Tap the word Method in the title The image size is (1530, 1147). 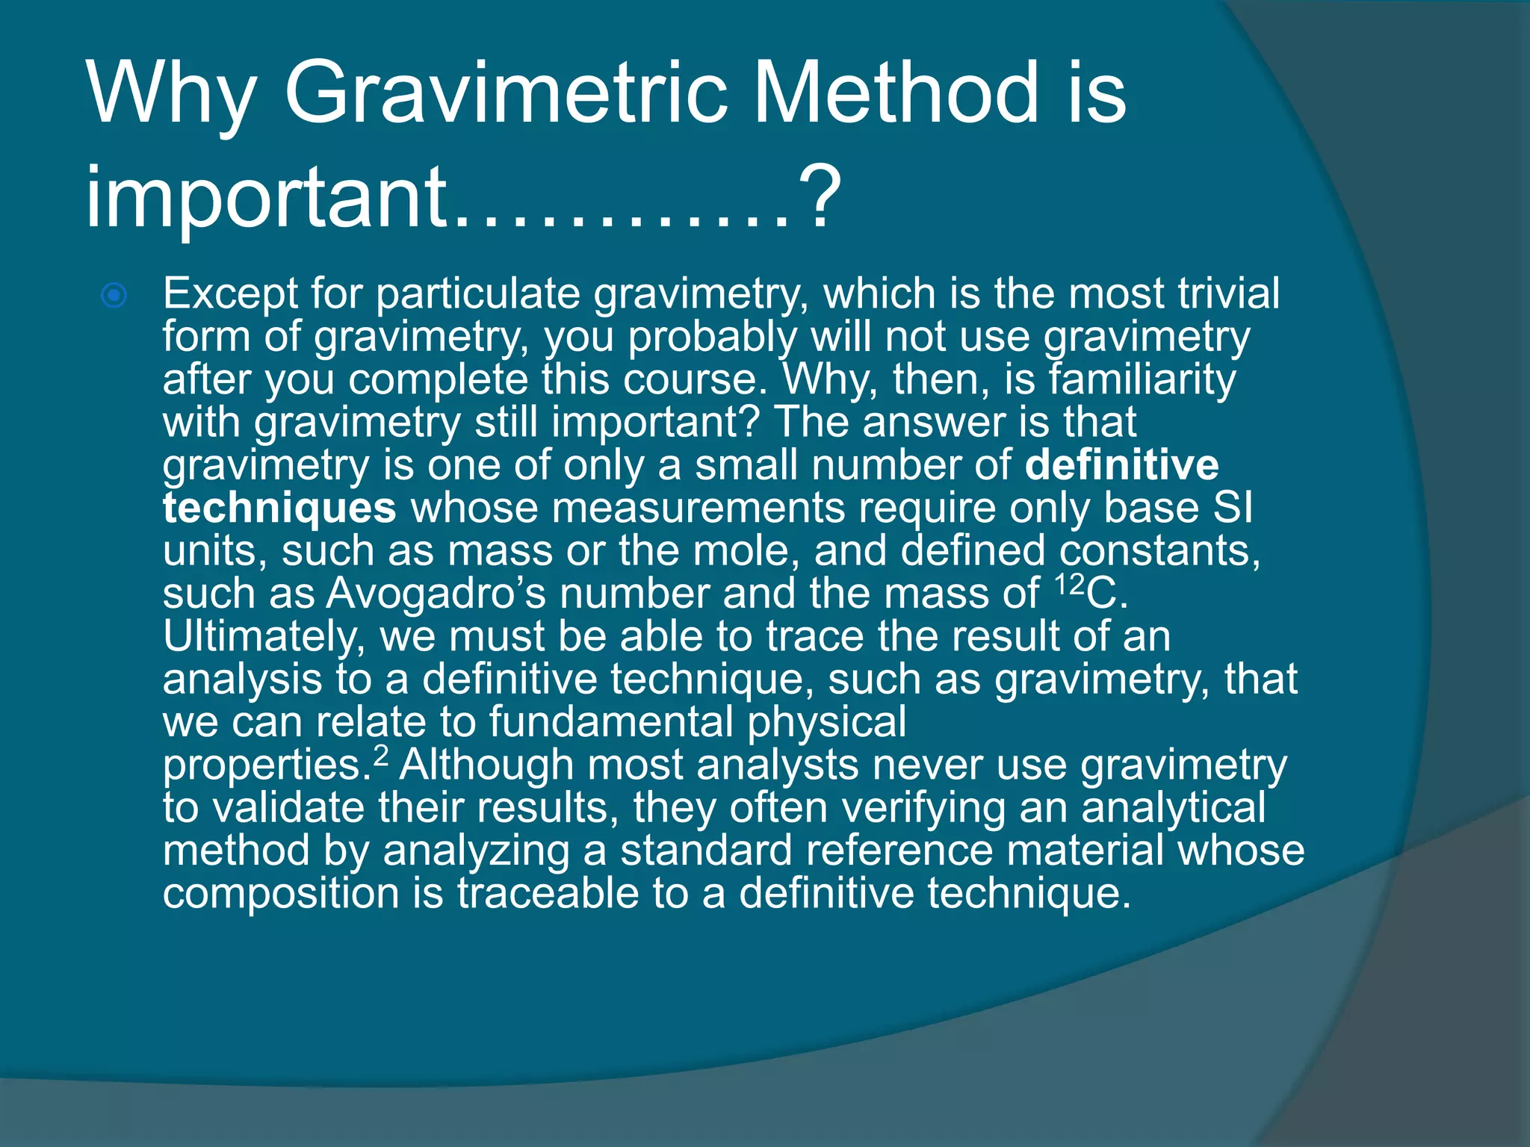pos(896,93)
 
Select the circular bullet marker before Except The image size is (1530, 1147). pos(114,296)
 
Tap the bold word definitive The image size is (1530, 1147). pos(1121,465)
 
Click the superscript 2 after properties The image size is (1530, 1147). pos(381,756)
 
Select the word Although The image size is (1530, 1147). pos(486,766)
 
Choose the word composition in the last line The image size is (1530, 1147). pos(281,894)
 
